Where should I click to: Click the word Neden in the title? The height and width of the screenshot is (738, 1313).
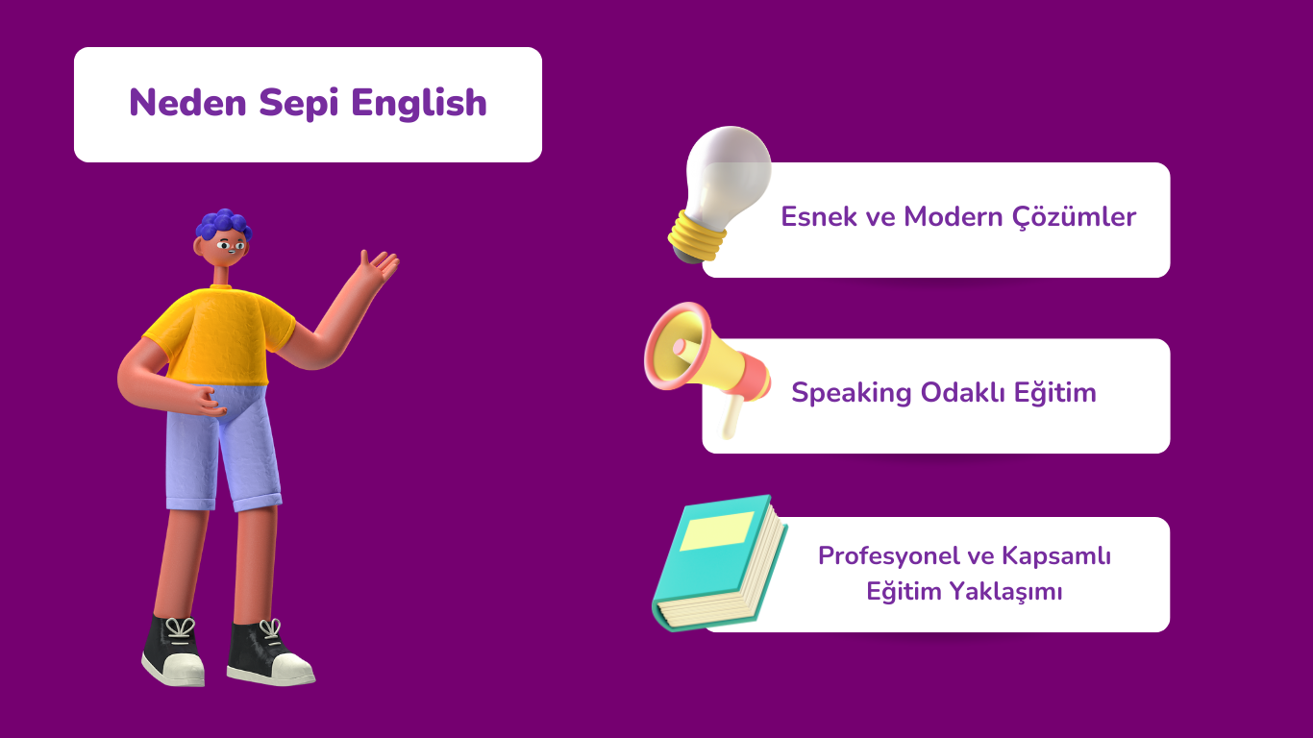[187, 103]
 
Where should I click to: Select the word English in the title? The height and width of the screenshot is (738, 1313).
[419, 104]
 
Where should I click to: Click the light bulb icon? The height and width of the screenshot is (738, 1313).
[720, 194]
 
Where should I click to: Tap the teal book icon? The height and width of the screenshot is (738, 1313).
[720, 563]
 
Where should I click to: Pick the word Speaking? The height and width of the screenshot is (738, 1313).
[851, 393]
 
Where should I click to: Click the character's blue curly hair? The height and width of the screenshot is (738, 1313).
[223, 225]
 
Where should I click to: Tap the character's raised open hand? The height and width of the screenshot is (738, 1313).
[379, 267]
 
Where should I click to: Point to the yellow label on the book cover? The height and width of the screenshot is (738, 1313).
[716, 531]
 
